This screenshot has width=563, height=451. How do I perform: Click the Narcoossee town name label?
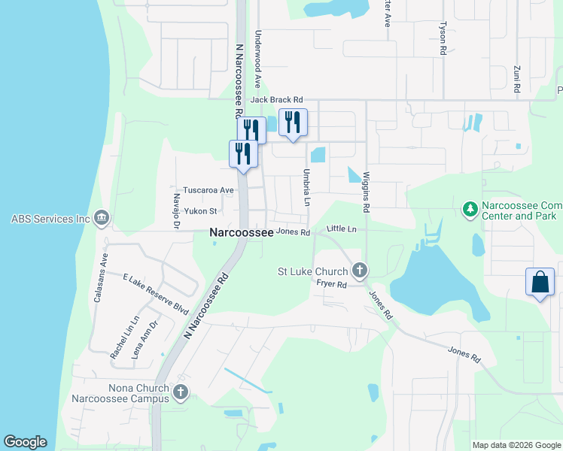pos(240,234)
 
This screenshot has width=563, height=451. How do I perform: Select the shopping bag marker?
pos(540,283)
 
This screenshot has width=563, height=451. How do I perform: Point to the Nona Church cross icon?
pos(180,392)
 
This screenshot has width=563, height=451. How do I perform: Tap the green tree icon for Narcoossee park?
pos(470,207)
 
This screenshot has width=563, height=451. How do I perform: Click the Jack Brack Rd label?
pos(276,99)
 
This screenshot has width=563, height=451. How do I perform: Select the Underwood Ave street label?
pos(257,59)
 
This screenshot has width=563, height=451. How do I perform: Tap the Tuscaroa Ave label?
pos(208,190)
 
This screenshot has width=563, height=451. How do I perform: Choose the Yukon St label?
pos(202,211)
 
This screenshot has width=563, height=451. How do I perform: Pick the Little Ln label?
pos(341,228)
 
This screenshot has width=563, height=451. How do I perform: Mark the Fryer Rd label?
pos(331,284)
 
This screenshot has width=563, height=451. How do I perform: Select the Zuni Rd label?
pos(517,79)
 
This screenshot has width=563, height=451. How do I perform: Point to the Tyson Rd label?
pos(443,38)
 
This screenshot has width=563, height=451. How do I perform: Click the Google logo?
pos(25,442)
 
